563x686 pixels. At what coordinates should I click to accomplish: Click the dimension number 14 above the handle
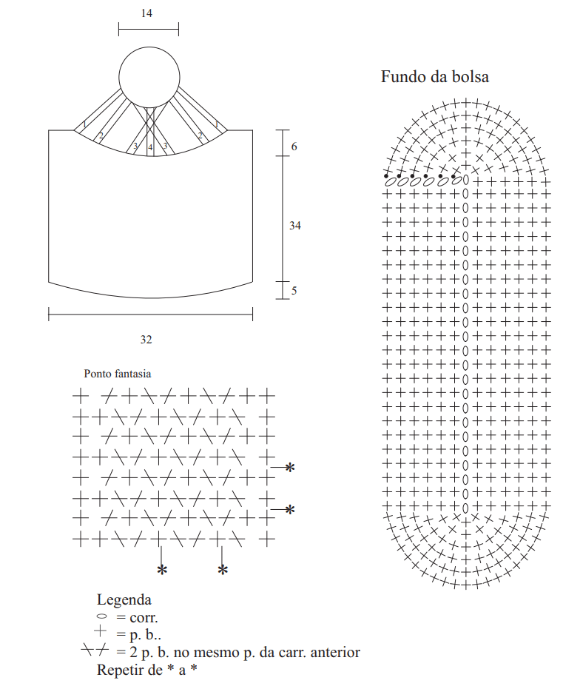tap(146, 13)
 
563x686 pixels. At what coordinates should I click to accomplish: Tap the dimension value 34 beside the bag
tap(295, 226)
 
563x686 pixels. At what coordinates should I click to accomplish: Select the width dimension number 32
tap(146, 340)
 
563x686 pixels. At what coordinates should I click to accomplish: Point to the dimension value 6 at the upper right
tap(294, 147)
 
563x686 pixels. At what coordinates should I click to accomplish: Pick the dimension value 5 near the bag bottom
tap(294, 291)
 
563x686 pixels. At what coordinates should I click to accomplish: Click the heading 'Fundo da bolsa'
tap(435, 77)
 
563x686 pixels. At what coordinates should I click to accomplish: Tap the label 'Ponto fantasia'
tap(117, 374)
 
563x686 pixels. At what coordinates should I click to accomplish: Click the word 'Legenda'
tap(124, 600)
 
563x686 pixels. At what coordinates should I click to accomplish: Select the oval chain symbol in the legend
tap(101, 616)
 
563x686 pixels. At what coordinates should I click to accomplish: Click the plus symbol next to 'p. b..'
tap(100, 631)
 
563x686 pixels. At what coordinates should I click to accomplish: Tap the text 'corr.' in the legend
tap(144, 618)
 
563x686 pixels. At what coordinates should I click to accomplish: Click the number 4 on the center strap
tap(150, 147)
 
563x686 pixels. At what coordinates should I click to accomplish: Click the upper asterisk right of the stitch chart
tap(289, 468)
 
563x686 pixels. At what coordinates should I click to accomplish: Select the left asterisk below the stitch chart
tap(162, 570)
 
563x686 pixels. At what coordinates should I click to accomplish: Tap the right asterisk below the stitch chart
tap(223, 570)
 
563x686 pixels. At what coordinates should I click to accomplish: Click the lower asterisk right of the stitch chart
tap(289, 510)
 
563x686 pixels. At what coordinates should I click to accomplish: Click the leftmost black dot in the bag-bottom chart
tap(386, 176)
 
